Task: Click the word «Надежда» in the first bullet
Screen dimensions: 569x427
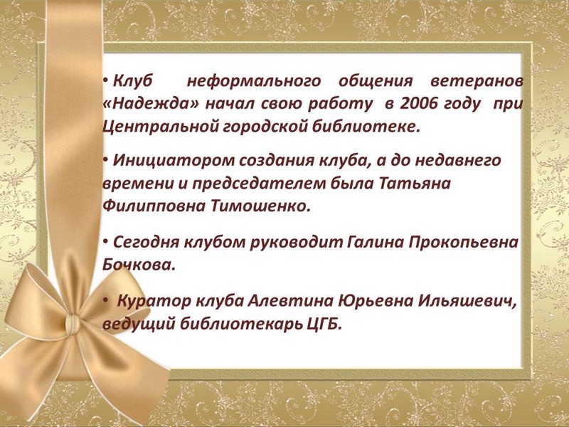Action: [151, 104]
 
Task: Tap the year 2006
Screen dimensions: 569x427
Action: [418, 104]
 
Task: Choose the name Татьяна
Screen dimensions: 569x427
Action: [415, 184]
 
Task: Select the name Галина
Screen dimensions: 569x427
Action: [376, 242]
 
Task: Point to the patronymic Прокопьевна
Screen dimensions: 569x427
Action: [464, 243]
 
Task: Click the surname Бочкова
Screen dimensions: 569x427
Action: [139, 265]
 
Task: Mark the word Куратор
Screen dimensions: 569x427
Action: [154, 302]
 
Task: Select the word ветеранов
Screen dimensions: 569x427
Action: [477, 81]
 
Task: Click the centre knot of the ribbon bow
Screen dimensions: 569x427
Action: [73, 323]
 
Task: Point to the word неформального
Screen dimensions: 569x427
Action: [254, 81]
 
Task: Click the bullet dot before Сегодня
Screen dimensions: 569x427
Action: [105, 241]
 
